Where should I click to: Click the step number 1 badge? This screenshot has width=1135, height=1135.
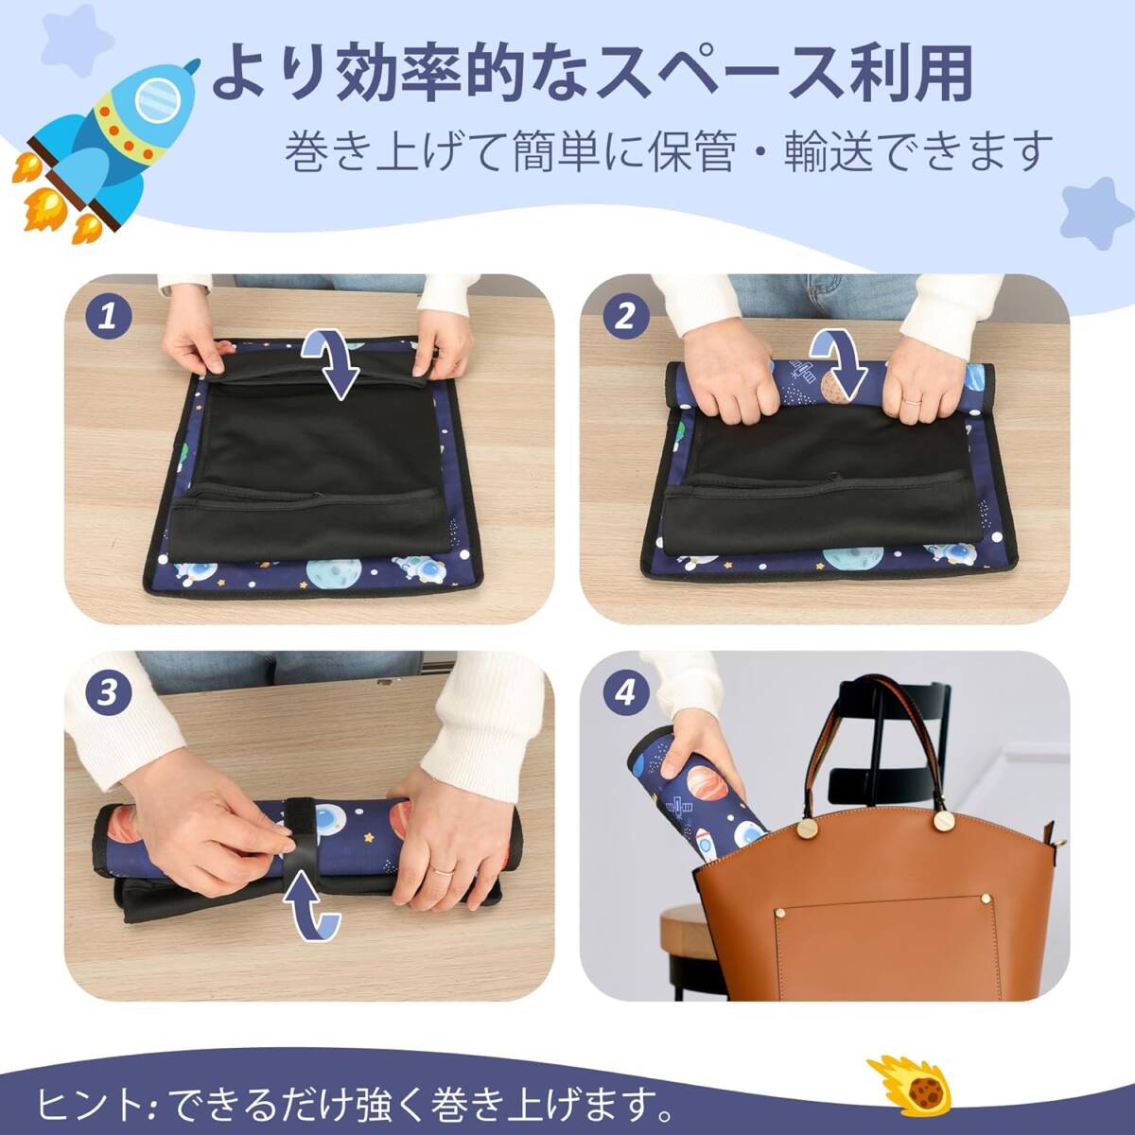coord(108,318)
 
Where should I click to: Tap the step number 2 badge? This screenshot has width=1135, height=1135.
coord(624,318)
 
